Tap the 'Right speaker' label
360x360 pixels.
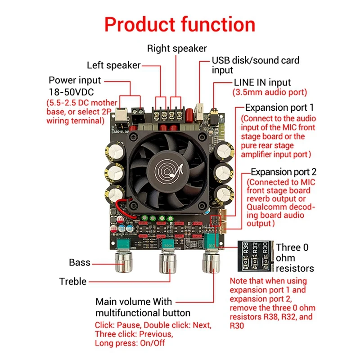click(177, 48)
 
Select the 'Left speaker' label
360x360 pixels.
click(114, 65)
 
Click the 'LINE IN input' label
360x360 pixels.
click(262, 83)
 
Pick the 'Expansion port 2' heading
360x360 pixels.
click(283, 172)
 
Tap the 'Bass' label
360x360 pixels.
click(80, 262)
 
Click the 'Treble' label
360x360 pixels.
click(72, 281)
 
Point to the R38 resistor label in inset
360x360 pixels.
click(246, 247)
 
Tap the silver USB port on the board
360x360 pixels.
click(199, 109)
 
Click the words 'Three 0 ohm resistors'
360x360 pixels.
click(294, 257)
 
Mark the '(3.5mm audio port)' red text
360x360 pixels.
click(269, 93)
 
